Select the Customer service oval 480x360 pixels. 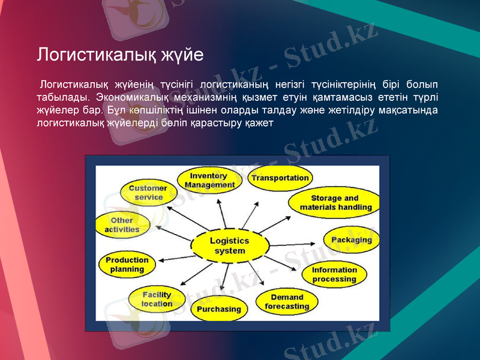(x=148, y=193)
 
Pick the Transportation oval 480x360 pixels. (x=280, y=178)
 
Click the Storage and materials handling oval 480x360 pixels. (x=335, y=203)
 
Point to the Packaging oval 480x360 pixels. (x=352, y=240)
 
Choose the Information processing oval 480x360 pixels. (x=334, y=275)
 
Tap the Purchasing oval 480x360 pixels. (x=219, y=310)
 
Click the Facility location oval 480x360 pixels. (x=157, y=299)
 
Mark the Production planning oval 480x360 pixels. (x=127, y=265)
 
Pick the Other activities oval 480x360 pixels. (x=122, y=225)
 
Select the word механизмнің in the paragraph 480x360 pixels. (x=202, y=97)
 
